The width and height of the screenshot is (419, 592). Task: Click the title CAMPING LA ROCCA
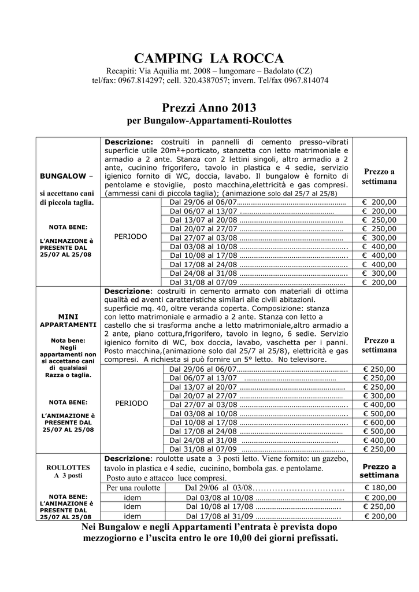click(x=209, y=58)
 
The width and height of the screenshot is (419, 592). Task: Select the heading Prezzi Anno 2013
click(x=209, y=108)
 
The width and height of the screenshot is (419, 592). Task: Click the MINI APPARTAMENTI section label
click(x=68, y=321)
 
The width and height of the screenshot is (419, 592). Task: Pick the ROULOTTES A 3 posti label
click(x=68, y=471)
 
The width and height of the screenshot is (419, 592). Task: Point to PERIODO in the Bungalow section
click(x=131, y=237)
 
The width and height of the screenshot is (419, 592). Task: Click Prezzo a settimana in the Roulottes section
click(x=379, y=471)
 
